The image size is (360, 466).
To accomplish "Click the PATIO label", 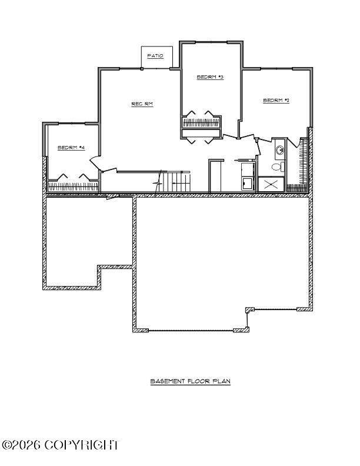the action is click(155, 56).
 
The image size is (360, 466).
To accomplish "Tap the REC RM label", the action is click(142, 104).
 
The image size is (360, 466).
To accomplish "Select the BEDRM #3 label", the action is click(211, 77).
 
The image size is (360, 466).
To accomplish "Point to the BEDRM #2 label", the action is click(276, 101).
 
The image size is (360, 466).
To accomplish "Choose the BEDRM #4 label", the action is click(71, 148).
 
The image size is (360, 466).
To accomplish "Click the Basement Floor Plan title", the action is click(191, 381).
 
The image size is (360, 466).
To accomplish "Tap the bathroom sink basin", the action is click(279, 150).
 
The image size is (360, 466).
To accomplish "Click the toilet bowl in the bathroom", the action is click(277, 167).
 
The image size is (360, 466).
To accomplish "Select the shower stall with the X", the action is click(271, 185).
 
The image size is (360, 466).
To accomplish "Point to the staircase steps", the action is click(174, 182).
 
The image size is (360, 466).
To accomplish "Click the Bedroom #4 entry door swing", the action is click(95, 163).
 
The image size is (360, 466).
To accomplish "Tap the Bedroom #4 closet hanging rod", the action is click(73, 187).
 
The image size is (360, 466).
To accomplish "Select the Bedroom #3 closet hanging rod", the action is click(201, 122).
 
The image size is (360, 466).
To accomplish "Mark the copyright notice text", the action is click(61, 445).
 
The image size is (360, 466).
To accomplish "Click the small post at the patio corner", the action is click(142, 69).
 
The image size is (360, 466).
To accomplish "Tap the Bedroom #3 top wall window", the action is click(211, 42).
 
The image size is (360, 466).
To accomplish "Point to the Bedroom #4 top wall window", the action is click(72, 124).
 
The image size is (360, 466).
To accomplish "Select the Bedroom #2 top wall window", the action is click(276, 69).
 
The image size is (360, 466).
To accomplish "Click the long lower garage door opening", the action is click(191, 330).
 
